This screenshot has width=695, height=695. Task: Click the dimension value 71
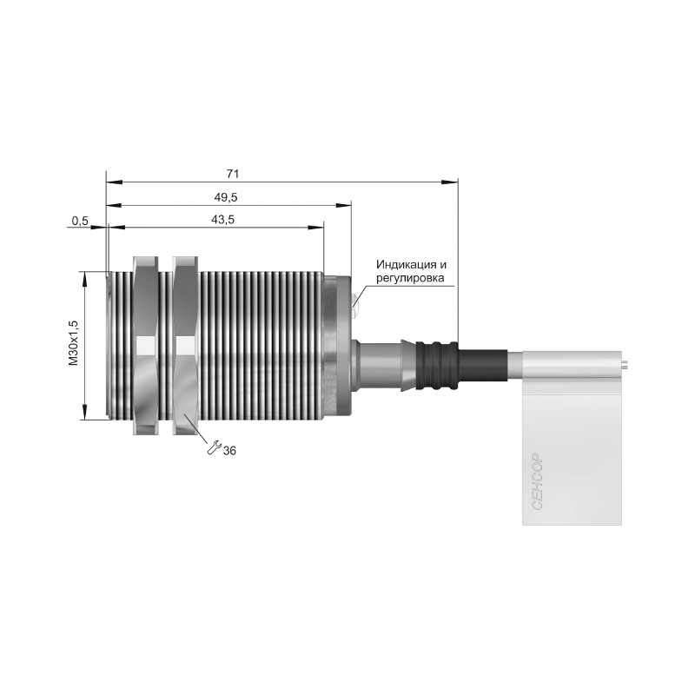233,174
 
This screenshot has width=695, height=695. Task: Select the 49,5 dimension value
226,197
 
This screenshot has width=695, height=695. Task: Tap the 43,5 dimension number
222,220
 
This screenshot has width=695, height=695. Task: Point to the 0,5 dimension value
80,221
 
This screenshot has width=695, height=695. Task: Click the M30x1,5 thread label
74,342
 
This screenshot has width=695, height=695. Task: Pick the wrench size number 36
229,451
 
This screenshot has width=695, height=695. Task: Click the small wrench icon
214,447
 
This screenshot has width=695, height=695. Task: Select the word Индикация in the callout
407,265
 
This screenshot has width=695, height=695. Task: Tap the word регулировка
410,278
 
